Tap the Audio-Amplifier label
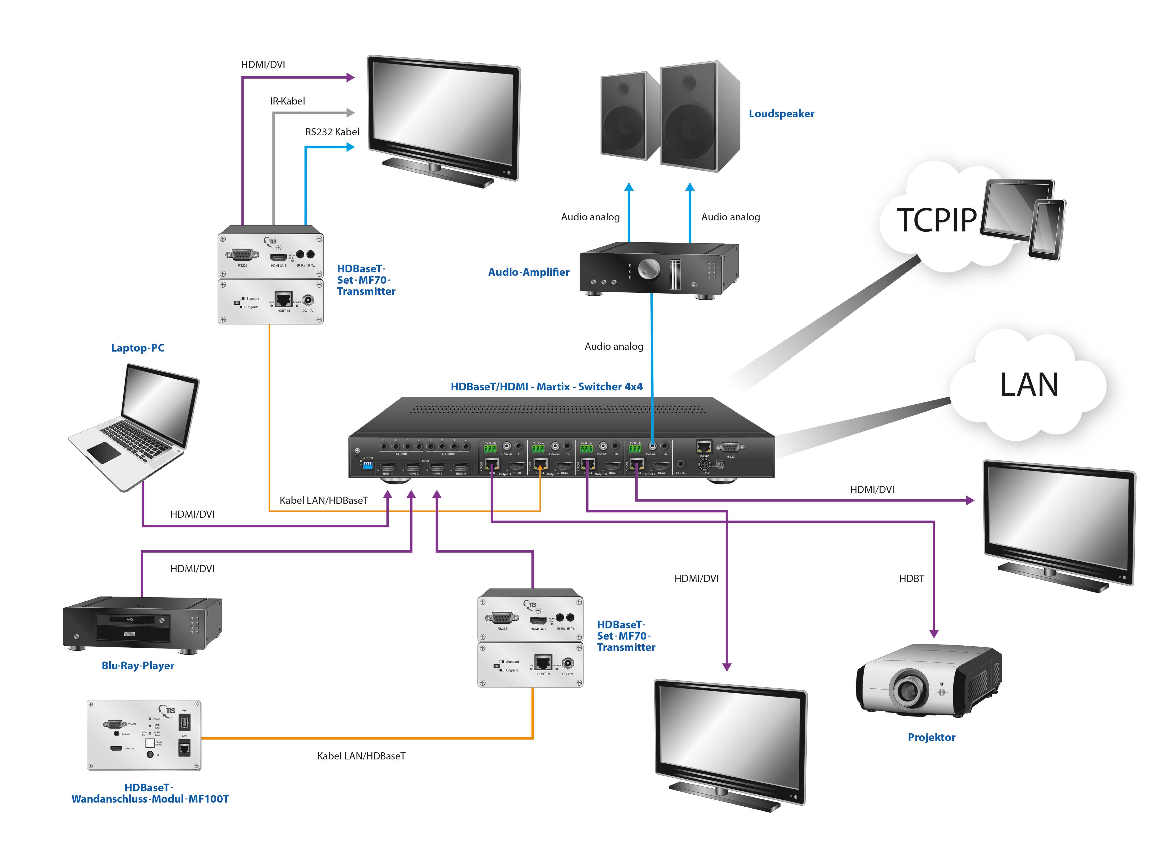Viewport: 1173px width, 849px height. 529,272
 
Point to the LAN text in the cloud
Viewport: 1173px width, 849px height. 1029,385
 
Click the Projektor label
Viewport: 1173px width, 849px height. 931,737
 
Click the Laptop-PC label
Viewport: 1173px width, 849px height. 138,348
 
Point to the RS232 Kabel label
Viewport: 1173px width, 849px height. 332,132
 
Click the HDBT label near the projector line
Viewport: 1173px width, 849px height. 911,579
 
